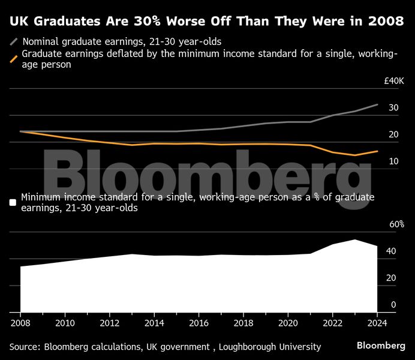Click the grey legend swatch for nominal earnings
coord(14,43)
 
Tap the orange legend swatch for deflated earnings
coord(14,59)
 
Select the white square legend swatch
coord(13,202)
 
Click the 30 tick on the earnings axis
coord(393,108)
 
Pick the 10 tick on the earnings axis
coord(393,161)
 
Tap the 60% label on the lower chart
coord(396,224)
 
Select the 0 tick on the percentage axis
coord(393,305)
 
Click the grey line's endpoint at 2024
coord(377,104)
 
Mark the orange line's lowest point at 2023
coord(355,155)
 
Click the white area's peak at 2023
coord(355,240)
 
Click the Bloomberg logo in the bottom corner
coord(381,346)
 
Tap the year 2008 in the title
coord(384,22)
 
